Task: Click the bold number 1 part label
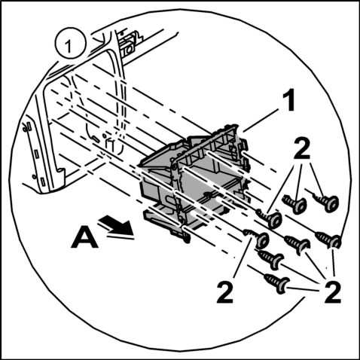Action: pyautogui.click(x=288, y=101)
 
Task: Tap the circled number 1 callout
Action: pyautogui.click(x=69, y=44)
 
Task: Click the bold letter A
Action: pyautogui.click(x=84, y=236)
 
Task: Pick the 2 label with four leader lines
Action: pyautogui.click(x=333, y=291)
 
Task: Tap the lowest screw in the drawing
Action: pyautogui.click(x=276, y=283)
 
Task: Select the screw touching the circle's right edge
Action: pyautogui.click(x=328, y=239)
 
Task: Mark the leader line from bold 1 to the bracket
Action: pyautogui.click(x=261, y=121)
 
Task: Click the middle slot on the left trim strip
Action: pyautogui.click(x=36, y=154)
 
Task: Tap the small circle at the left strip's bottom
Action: pyautogui.click(x=34, y=176)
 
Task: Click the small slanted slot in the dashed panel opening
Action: pyautogui.click(x=96, y=139)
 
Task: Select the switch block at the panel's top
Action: pyautogui.click(x=130, y=44)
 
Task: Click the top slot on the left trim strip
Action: pyautogui.click(x=29, y=126)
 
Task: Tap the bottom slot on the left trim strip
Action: pyautogui.click(x=43, y=182)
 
